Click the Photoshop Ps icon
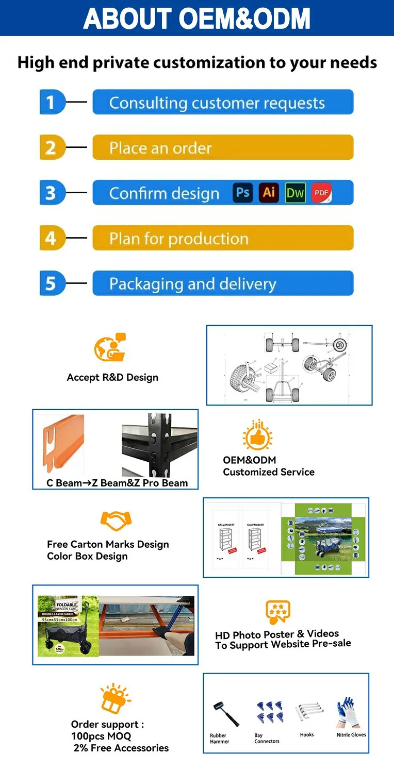point(242,193)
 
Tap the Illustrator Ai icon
point(269,193)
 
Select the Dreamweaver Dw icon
point(295,193)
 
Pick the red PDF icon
point(321,193)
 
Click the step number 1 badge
point(52,102)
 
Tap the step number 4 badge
point(52,238)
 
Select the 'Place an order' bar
point(223,148)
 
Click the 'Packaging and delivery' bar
point(223,283)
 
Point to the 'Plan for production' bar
point(223,238)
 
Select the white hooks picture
point(308,713)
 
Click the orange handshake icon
point(116,521)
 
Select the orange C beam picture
point(64,443)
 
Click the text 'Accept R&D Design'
point(112,377)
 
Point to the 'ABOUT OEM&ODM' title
point(197,18)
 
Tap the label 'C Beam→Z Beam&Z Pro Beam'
point(117,483)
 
